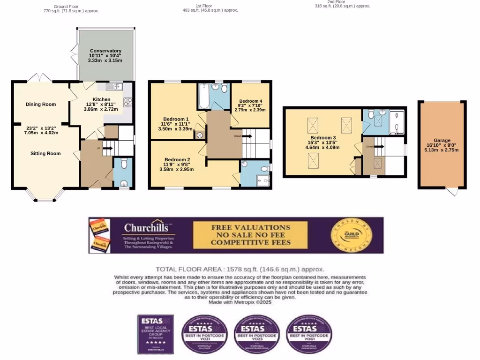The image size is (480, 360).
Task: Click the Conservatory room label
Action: point(105,51)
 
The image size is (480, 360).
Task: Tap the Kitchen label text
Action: point(101,99)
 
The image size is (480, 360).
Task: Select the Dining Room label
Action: point(41,105)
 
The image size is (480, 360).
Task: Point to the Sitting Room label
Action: point(45,153)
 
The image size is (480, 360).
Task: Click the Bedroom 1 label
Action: point(176,119)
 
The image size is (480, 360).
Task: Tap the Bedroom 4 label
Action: point(250,101)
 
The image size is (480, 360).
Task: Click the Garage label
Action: point(442,140)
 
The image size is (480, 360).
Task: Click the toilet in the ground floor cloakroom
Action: point(124,164)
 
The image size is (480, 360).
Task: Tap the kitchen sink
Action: point(112,86)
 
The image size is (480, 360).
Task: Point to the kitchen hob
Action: point(127,102)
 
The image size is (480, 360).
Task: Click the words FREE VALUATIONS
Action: point(250,227)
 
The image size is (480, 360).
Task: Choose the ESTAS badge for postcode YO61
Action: point(309,334)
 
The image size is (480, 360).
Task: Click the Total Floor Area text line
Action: point(240,269)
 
